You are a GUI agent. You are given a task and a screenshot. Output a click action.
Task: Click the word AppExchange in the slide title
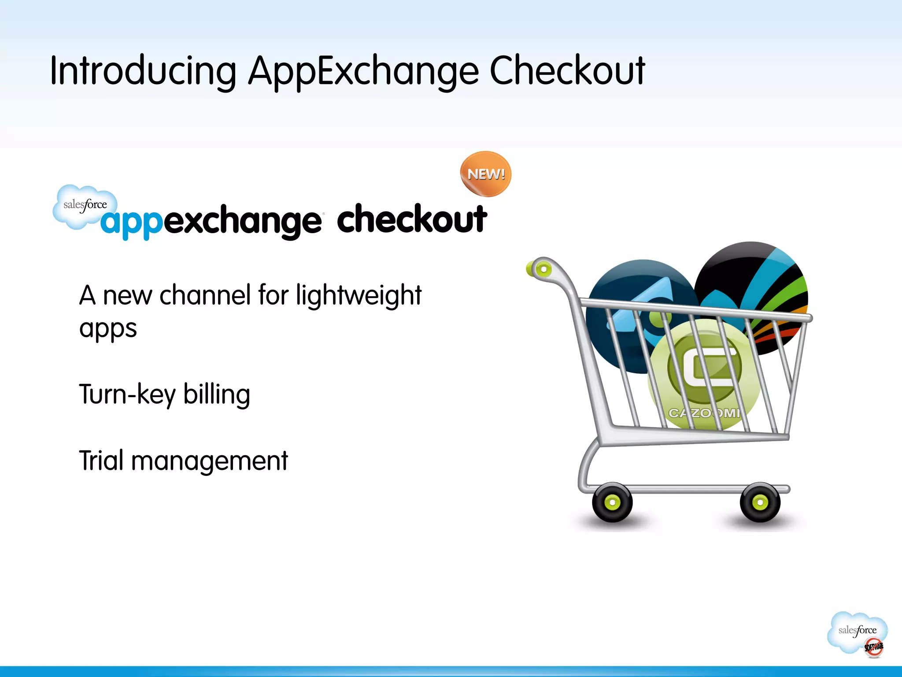click(x=363, y=71)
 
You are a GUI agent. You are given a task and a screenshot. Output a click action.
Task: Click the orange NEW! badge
click(x=486, y=174)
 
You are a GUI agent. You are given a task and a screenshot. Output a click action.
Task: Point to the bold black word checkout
click(x=412, y=219)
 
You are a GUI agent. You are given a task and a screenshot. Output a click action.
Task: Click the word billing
click(x=217, y=395)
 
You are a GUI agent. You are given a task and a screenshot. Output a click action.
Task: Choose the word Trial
click(x=101, y=461)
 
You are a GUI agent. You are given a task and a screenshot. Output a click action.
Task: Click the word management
click(x=210, y=462)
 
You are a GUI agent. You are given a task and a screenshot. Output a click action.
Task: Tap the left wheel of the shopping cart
click(x=612, y=502)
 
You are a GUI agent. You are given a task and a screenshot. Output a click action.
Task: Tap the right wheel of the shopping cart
click(x=760, y=502)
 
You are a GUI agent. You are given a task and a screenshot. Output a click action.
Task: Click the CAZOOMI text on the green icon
click(x=704, y=413)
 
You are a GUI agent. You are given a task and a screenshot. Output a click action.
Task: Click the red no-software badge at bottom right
click(x=873, y=647)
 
